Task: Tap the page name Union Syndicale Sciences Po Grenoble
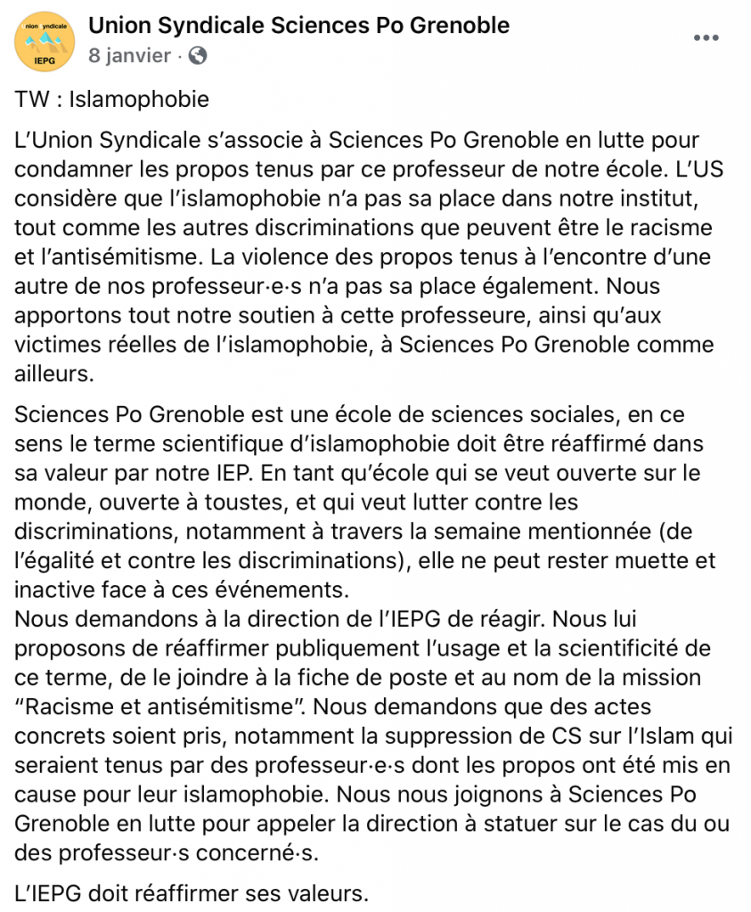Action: (x=298, y=25)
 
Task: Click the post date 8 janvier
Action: (x=129, y=55)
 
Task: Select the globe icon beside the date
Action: (x=198, y=55)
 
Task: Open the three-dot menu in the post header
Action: (x=706, y=37)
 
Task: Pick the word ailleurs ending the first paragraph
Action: (x=54, y=374)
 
